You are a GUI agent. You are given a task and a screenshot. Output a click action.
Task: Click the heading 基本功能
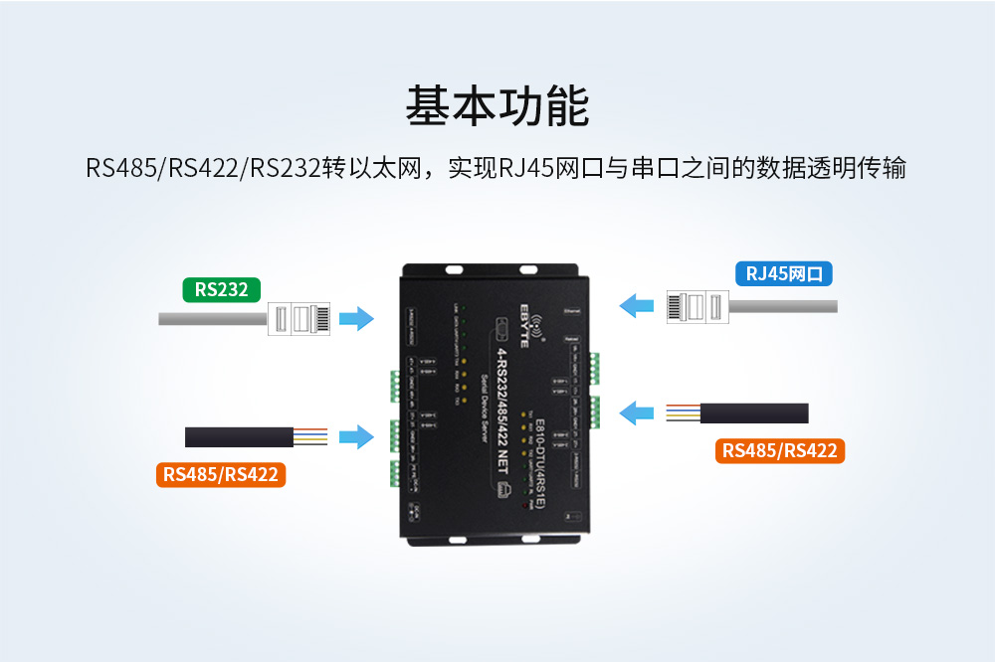497,106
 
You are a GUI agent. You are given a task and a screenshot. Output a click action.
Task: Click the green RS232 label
221,289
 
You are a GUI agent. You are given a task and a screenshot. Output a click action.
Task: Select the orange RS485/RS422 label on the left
221,474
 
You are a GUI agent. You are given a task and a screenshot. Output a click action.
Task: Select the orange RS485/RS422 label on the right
780,451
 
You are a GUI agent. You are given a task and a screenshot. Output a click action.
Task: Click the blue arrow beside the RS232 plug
355,319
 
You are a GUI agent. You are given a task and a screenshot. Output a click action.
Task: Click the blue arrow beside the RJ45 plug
637,305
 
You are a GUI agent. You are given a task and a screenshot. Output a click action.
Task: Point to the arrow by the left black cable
355,436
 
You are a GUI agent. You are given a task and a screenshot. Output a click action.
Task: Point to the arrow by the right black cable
637,412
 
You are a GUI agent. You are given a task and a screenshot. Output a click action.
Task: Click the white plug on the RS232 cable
298,319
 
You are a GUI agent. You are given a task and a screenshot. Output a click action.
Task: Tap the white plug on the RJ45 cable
697,306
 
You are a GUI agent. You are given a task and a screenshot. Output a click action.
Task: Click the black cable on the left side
239,436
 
